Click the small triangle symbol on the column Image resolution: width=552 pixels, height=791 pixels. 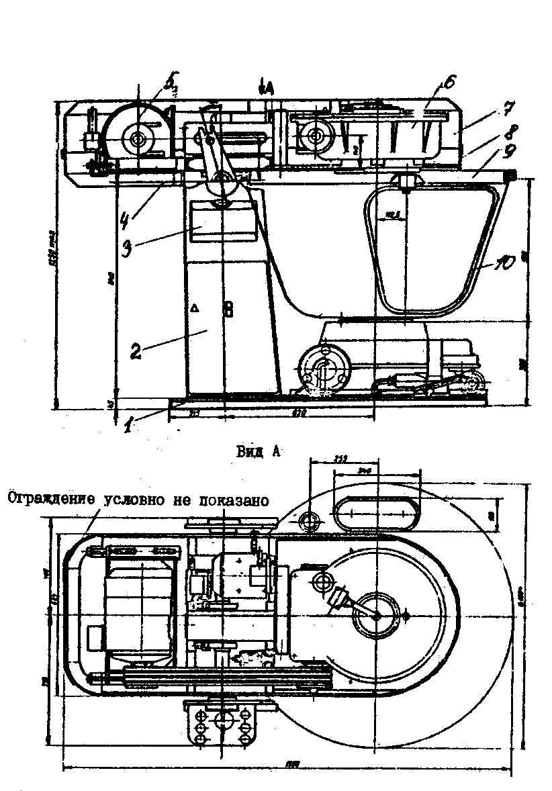[x=195, y=308]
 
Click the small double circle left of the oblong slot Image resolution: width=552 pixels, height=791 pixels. [x=312, y=520]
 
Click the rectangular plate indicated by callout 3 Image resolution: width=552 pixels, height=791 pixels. [x=222, y=222]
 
